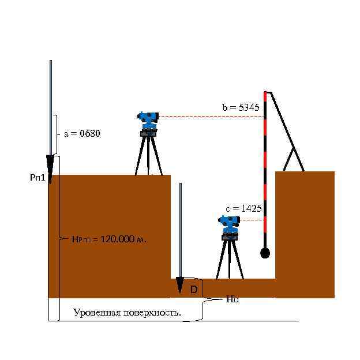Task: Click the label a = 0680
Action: click(x=82, y=134)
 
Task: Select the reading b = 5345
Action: click(x=241, y=107)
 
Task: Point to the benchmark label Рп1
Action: click(x=37, y=178)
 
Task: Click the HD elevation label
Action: click(x=232, y=299)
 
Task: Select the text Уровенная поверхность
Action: click(x=127, y=313)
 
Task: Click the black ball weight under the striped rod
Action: click(x=265, y=253)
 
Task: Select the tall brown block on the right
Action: click(x=305, y=234)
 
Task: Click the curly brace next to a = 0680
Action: click(x=58, y=134)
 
